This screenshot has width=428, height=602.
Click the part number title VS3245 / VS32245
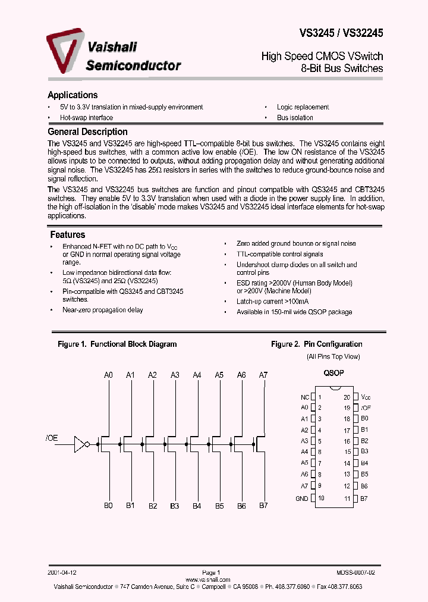(x=341, y=34)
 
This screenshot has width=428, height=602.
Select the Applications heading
(x=73, y=95)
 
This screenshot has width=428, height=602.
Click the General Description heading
(x=87, y=132)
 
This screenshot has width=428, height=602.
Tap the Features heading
(x=67, y=235)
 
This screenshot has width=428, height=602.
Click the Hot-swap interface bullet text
(x=86, y=118)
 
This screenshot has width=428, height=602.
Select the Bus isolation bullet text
(x=295, y=118)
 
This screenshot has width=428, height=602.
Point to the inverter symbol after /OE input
(x=81, y=444)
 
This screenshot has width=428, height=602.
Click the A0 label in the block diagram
(x=108, y=375)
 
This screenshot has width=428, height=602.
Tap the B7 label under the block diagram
(x=263, y=505)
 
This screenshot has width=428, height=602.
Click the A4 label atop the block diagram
(x=197, y=375)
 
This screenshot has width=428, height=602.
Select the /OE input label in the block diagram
(x=52, y=438)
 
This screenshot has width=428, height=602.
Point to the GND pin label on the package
(x=302, y=498)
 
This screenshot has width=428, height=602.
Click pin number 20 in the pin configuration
(x=347, y=397)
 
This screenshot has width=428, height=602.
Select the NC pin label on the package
(x=305, y=397)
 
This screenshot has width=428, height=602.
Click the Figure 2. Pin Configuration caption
(x=316, y=344)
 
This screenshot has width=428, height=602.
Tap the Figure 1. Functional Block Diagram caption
(x=117, y=344)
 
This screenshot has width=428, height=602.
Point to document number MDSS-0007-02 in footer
(x=355, y=571)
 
